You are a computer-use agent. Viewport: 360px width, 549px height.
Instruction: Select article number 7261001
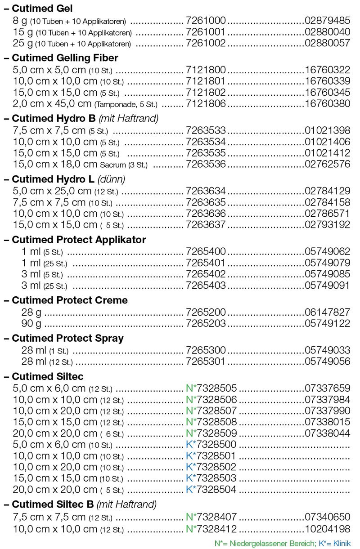[x=206, y=32]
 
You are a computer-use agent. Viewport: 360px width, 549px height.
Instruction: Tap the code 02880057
[x=328, y=44]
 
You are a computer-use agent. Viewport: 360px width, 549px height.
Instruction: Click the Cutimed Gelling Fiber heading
[x=65, y=58]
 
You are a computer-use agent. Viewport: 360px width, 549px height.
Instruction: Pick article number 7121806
[x=206, y=103]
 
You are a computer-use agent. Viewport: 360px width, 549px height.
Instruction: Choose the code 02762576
[x=328, y=164]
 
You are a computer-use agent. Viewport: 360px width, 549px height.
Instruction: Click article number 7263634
[x=206, y=191]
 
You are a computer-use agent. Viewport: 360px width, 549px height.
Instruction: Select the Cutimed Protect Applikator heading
[x=79, y=240]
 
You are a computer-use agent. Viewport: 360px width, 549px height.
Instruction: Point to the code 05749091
[x=328, y=285]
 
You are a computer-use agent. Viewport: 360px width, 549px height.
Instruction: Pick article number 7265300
[x=206, y=350]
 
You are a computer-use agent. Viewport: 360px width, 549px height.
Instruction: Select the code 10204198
[x=328, y=529]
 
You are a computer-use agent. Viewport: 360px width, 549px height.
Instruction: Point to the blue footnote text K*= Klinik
[x=334, y=543]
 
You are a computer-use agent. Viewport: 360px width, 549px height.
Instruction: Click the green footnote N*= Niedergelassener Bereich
[x=265, y=543]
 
